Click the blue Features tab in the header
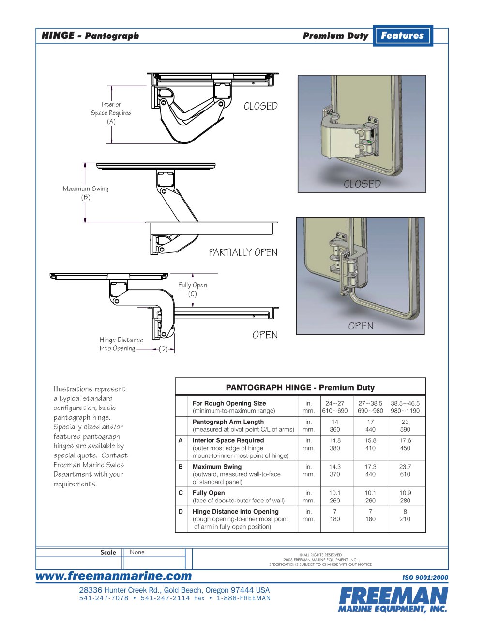402,35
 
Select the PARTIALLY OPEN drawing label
243,252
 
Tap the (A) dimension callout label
111,122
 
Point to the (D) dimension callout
163,349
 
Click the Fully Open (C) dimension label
192,289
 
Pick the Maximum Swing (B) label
86,193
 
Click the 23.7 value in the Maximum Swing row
405,467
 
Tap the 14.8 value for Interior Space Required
334,440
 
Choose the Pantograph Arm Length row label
228,422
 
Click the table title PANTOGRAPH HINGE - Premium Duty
300,387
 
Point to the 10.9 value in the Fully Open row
405,493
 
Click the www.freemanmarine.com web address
114,576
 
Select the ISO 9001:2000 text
425,577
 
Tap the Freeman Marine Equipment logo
393,600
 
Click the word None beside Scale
137,552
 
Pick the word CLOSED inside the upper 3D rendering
362,184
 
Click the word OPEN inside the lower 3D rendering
361,326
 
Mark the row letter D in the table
181,511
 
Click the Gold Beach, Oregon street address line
174,590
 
